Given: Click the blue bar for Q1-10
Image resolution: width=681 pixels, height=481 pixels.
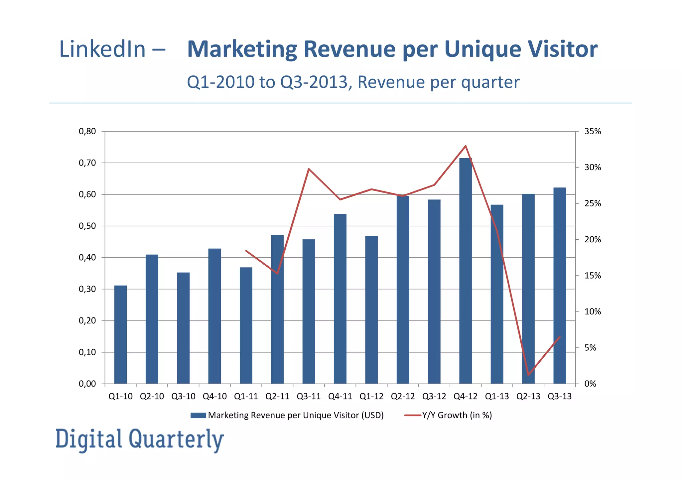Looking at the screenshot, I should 120,334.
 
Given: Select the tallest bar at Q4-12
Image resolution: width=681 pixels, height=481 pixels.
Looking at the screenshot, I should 465,271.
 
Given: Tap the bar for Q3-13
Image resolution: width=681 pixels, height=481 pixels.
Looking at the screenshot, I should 559,286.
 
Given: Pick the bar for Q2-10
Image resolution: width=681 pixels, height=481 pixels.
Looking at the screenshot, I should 152,319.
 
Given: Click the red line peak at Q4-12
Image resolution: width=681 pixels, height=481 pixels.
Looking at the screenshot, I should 466,146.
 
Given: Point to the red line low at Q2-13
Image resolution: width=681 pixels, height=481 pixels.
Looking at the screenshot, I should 528,375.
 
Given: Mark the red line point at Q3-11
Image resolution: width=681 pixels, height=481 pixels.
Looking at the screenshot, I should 309,169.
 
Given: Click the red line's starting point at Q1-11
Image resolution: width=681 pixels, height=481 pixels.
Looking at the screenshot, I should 246,251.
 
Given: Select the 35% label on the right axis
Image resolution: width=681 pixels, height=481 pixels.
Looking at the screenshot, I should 593,131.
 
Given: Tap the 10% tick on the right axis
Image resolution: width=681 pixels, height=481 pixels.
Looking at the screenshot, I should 593,311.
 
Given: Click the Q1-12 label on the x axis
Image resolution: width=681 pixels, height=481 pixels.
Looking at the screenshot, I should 371,396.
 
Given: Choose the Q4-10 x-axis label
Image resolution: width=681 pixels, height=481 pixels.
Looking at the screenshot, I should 214,396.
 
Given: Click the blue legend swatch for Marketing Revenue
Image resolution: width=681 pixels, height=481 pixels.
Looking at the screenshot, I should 198,415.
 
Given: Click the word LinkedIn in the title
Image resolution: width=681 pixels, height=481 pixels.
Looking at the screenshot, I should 102,49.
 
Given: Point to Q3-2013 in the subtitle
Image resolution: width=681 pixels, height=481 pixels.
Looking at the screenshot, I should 314,82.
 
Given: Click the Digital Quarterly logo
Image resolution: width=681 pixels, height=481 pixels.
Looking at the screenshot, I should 140,439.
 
